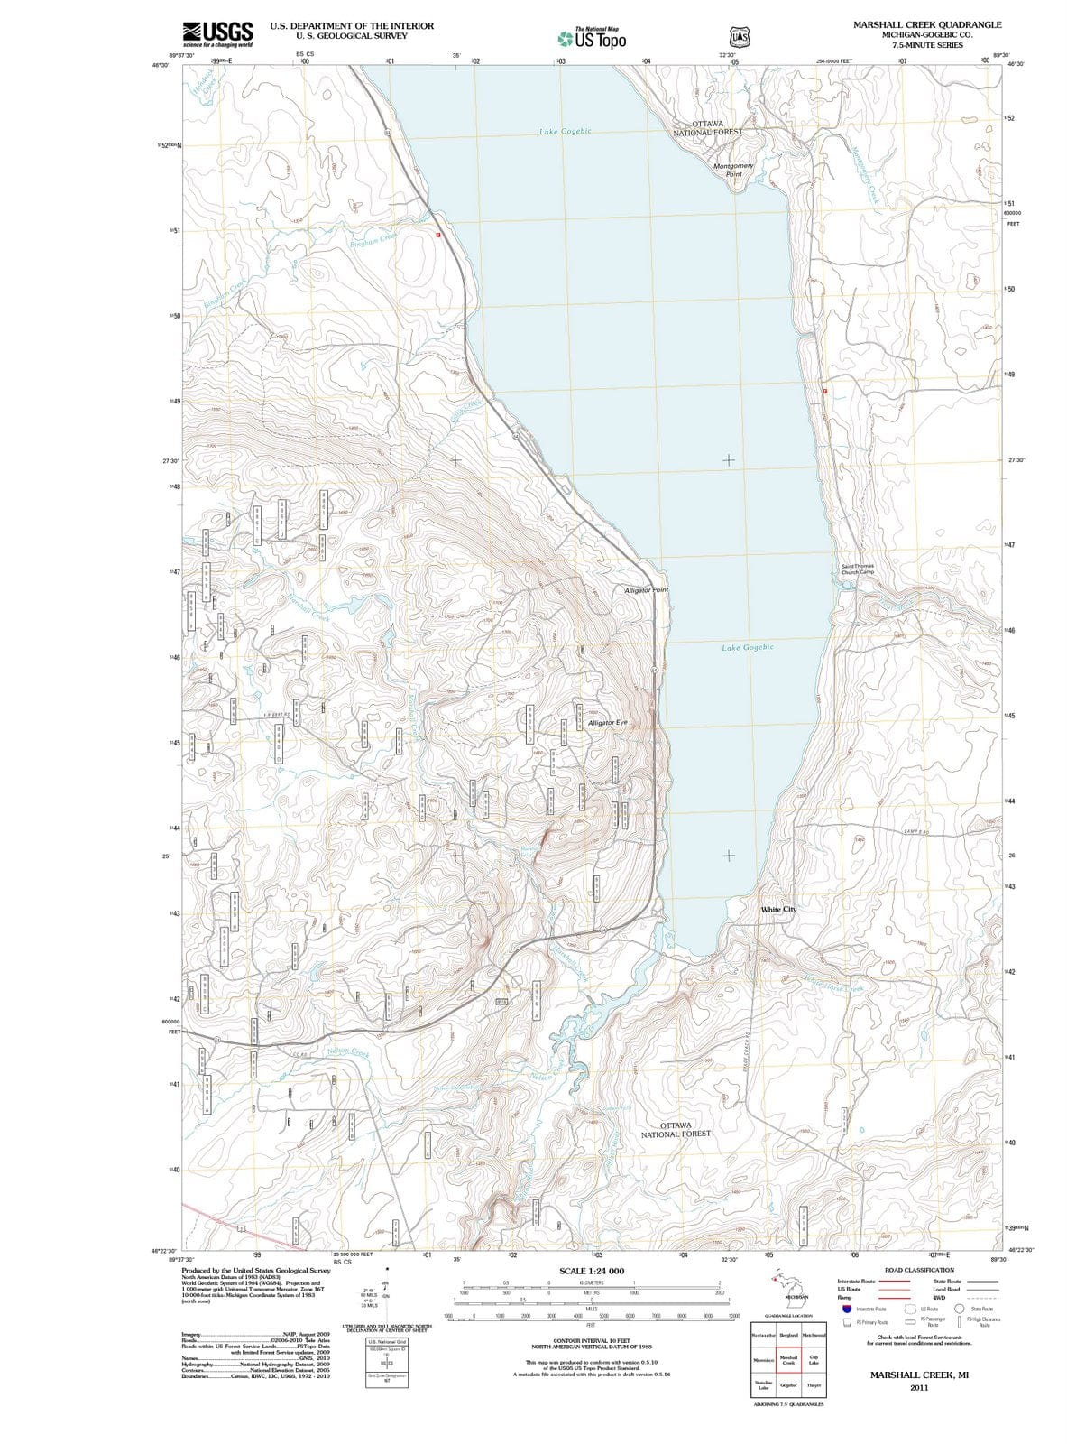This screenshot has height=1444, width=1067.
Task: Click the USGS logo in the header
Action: tap(216, 33)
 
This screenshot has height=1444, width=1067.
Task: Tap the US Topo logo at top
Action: tap(592, 38)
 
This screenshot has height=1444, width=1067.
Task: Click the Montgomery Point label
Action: tap(733, 170)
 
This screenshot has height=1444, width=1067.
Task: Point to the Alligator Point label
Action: tap(646, 589)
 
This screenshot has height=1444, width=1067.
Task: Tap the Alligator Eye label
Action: tap(606, 723)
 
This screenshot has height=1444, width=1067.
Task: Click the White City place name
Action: tap(778, 909)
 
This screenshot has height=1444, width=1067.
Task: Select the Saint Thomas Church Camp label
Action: tap(857, 569)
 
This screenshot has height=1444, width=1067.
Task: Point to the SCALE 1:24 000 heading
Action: tap(592, 1271)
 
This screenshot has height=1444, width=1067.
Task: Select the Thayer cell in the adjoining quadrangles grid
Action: tap(814, 1384)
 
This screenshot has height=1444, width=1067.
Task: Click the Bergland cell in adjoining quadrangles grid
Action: tap(789, 1334)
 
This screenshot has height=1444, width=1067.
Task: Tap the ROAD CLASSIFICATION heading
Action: tap(920, 1270)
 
